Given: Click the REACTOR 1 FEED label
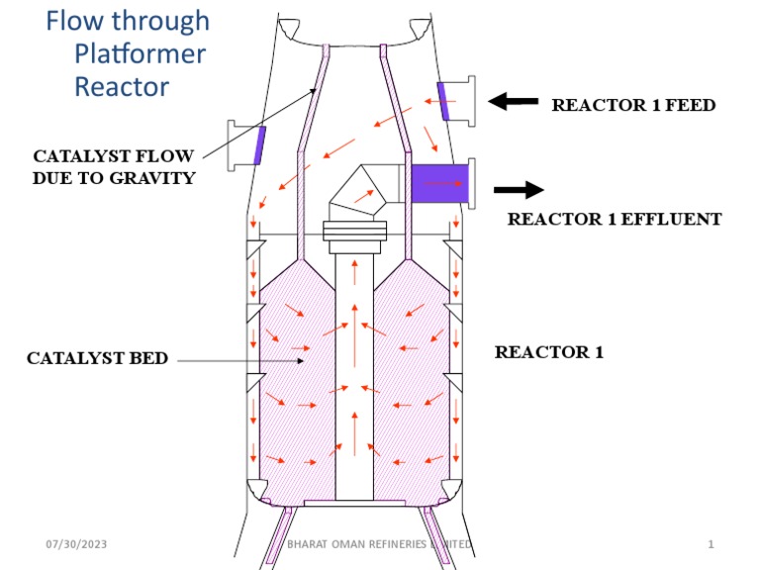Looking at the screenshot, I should coord(632,105).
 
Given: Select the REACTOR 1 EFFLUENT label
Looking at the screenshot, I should coord(614,219).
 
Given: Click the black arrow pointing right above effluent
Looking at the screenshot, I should coord(519,189).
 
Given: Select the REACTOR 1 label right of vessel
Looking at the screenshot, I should coord(548,351).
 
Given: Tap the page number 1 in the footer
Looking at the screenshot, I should coord(712,544).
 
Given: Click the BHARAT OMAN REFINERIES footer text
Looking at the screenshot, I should coord(375,544).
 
